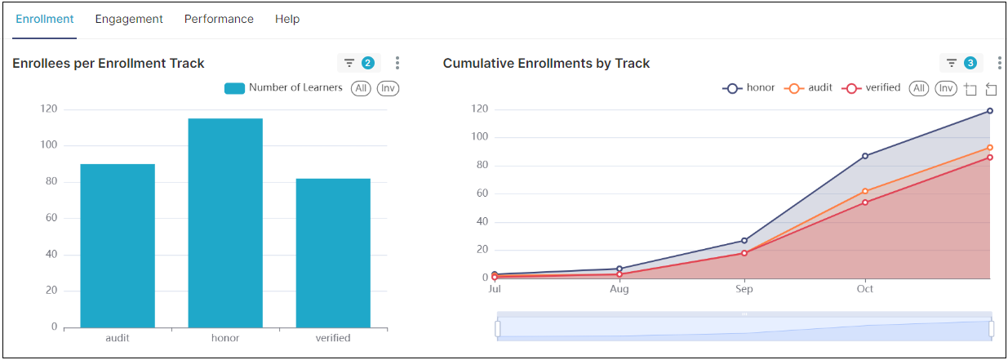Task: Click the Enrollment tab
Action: (x=45, y=19)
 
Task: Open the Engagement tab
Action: (x=129, y=19)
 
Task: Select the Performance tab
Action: (x=219, y=19)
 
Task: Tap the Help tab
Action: (x=287, y=19)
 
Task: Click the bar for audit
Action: (x=118, y=246)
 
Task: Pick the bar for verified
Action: (x=333, y=253)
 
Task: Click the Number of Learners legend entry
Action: (x=283, y=88)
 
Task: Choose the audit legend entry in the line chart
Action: (x=808, y=88)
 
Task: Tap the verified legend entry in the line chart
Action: (x=873, y=88)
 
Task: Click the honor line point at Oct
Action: (x=865, y=156)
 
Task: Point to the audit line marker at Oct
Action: (x=865, y=191)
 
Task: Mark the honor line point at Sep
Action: (x=744, y=240)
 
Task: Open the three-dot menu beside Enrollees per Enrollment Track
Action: (x=397, y=63)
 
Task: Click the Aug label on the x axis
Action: (x=619, y=289)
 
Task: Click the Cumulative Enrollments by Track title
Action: (x=546, y=63)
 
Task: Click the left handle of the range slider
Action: (x=497, y=328)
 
